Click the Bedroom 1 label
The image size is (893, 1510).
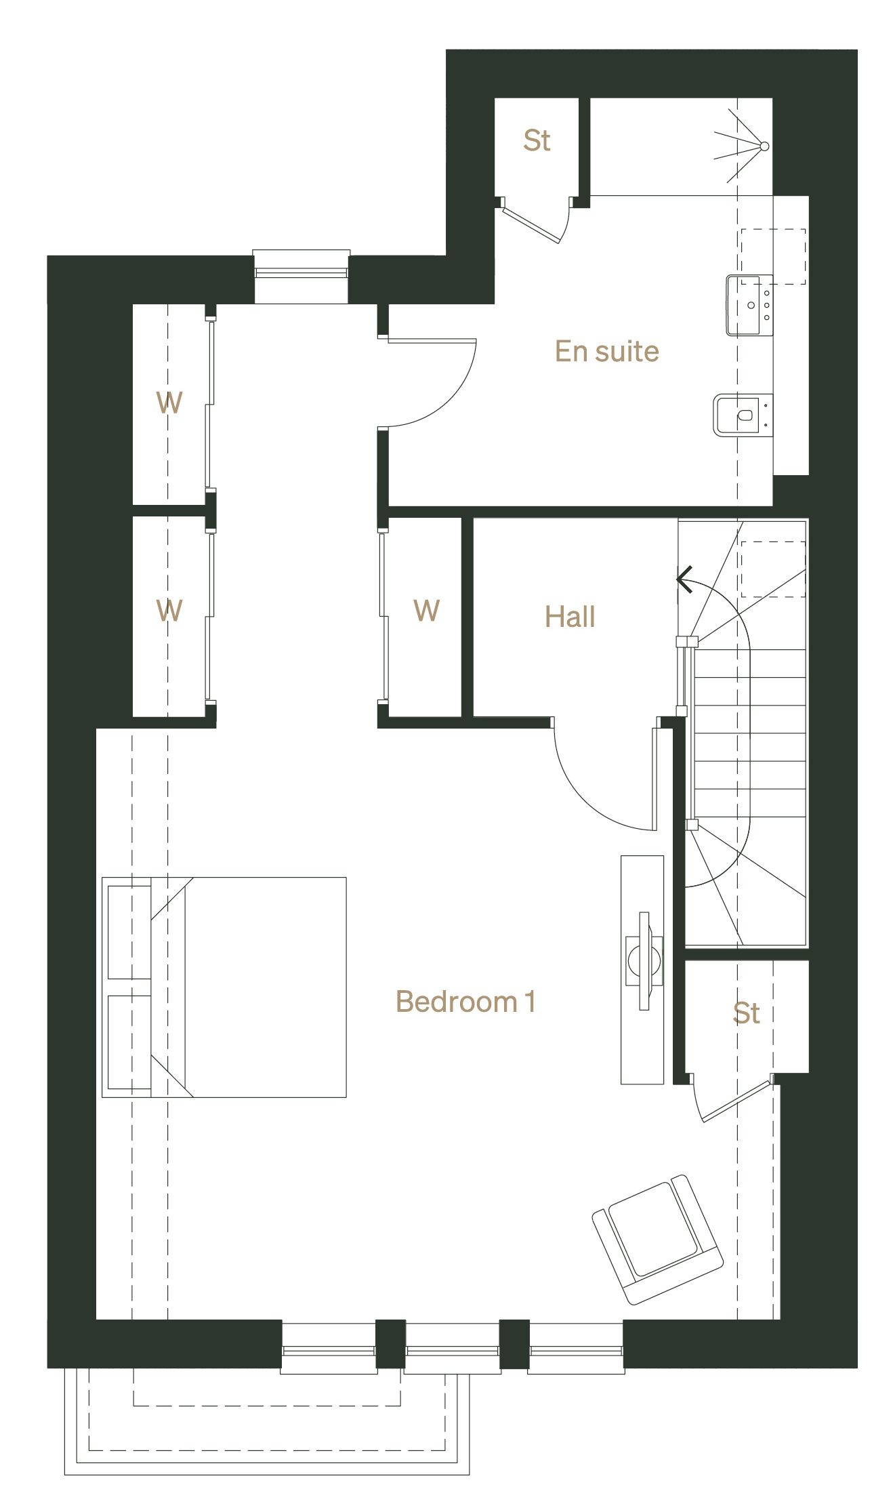tap(465, 1002)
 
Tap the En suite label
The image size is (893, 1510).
tap(606, 351)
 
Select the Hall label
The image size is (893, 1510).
tap(570, 617)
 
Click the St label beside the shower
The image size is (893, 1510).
tap(537, 140)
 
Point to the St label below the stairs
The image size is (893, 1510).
tap(746, 1013)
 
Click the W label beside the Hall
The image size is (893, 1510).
tap(426, 611)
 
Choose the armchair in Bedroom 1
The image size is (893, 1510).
tap(657, 1239)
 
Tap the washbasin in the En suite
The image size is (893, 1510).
tap(749, 305)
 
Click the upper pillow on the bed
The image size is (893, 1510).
tap(129, 932)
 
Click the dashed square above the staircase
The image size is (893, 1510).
tap(772, 569)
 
